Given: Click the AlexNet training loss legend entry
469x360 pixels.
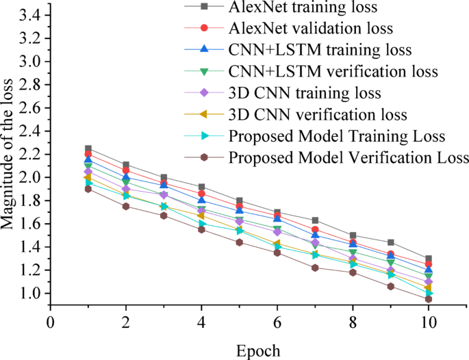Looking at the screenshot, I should pos(305,9).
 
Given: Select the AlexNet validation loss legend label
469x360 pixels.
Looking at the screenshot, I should pos(312,29).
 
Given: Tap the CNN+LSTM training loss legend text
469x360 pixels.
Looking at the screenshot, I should pos(320,51).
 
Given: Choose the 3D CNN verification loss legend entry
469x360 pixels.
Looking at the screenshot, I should pos(318,114).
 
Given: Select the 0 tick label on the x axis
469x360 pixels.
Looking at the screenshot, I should pos(50,322).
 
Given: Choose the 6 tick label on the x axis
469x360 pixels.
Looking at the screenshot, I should pos(277,322).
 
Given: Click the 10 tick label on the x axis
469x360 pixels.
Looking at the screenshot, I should pos(428,322).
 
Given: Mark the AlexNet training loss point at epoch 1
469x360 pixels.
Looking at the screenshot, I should pos(88,149).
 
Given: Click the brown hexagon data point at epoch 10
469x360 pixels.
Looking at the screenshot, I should pos(428,299).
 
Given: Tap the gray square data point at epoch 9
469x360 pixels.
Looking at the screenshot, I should pos(390,242).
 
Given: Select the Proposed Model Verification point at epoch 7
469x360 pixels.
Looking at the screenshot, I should pos(315,268).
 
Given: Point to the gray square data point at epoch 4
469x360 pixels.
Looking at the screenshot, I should pos(201,187).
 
